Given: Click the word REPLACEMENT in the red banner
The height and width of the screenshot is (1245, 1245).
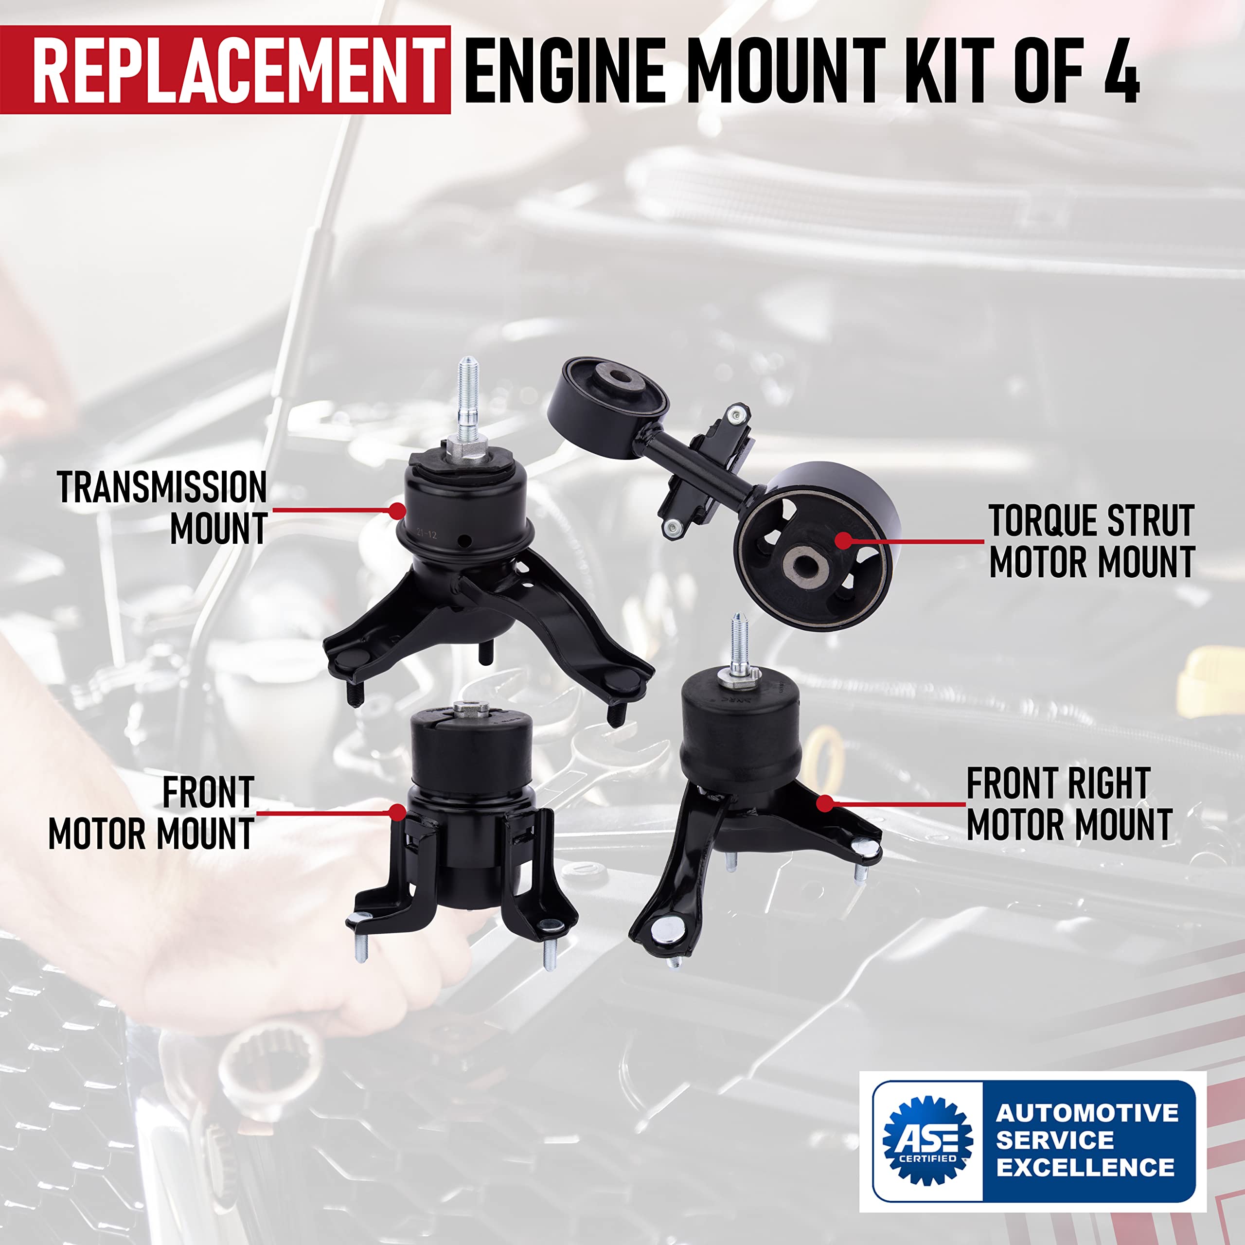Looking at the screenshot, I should pos(238,70).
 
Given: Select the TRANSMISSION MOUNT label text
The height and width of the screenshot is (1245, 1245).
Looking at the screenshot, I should pos(162,508).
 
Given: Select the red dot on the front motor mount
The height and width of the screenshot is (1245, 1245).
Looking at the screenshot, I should pos(398,813).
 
